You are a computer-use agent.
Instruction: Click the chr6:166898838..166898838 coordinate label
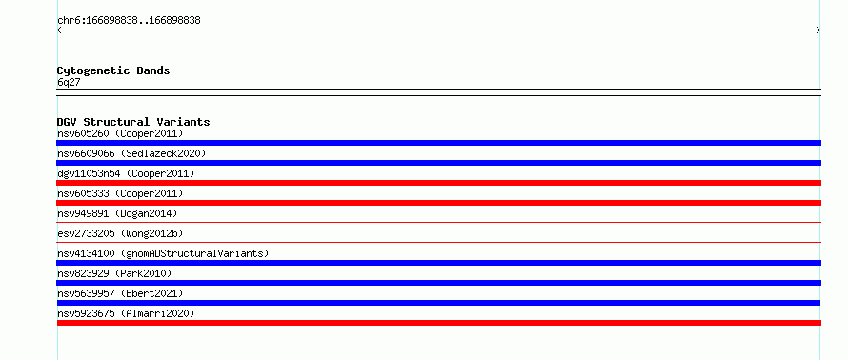coord(129,21)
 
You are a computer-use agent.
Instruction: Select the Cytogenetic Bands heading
coord(113,70)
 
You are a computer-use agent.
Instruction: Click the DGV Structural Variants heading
coord(133,122)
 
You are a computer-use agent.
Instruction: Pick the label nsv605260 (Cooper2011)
coord(120,133)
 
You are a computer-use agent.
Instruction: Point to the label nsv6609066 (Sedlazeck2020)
coord(131,153)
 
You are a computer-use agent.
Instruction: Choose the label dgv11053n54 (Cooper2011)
coord(126,173)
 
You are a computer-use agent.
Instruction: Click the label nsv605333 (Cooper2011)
coord(120,193)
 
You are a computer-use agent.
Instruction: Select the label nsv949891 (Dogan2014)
coord(117,213)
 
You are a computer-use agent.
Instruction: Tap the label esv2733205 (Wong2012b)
coord(120,233)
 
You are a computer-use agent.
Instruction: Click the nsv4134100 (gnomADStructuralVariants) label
coord(163,253)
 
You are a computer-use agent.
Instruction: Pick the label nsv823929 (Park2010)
coord(114,273)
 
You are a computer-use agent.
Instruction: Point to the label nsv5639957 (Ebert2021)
coord(120,293)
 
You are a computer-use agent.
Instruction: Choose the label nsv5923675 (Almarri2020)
coord(126,313)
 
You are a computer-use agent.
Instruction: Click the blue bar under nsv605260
coord(438,143)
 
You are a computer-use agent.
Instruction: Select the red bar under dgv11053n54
coord(438,183)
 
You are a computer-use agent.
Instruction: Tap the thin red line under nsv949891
coord(438,222)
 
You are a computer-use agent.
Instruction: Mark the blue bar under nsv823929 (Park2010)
coord(438,283)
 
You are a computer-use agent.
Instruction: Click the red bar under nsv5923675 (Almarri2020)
coord(438,323)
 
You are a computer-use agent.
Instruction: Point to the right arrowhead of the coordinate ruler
coord(819,30)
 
